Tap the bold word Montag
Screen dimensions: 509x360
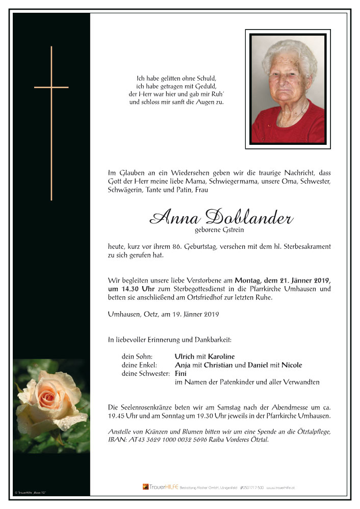(251, 280)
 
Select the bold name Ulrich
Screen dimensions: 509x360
(185, 357)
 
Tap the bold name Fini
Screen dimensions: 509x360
(181, 373)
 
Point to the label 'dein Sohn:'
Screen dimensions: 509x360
(137, 357)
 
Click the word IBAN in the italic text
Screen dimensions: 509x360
(117, 440)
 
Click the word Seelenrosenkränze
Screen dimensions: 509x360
(144, 407)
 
